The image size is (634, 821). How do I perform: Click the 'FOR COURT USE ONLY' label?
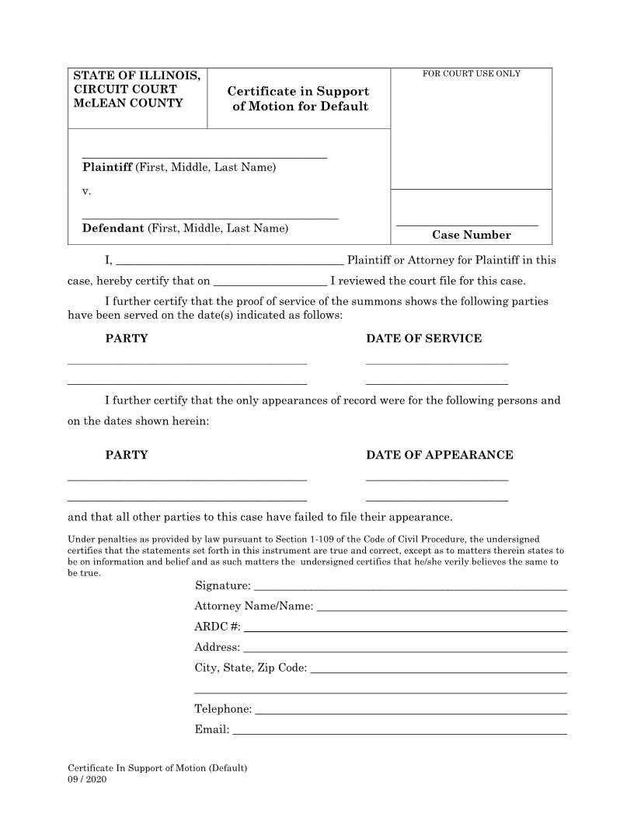471,74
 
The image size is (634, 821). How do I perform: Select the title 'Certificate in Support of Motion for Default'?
298,99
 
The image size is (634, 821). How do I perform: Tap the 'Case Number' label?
471,235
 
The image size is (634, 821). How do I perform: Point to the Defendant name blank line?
210,218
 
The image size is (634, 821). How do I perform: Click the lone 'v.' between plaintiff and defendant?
86,190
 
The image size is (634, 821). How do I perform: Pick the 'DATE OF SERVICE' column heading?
423,338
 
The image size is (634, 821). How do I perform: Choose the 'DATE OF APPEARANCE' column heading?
439,455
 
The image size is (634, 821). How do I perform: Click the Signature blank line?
410,589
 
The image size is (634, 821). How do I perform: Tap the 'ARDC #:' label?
218,627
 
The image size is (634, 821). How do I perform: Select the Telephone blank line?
410,713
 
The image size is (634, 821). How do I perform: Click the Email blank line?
399,733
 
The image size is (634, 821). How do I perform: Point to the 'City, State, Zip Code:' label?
251,668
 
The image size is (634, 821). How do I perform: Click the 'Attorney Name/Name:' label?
254,606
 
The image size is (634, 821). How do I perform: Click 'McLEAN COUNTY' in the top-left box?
128,103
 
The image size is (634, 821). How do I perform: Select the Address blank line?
404,651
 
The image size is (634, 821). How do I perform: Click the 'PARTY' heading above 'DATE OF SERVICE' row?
127,338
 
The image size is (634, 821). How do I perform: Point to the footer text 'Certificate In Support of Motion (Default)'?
158,768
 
